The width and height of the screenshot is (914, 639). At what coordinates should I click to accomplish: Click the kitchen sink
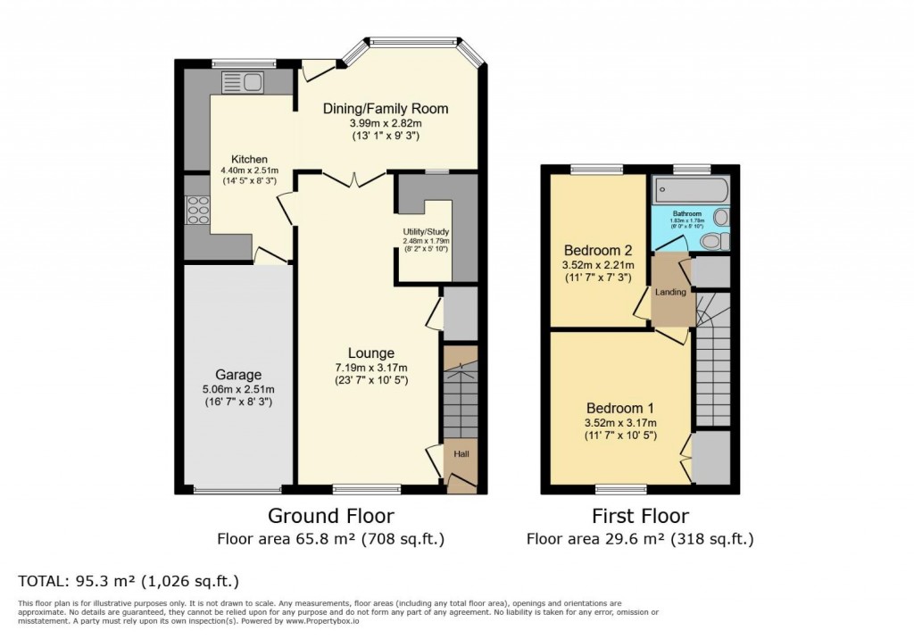[242, 83]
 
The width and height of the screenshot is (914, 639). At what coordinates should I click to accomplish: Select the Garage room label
[237, 375]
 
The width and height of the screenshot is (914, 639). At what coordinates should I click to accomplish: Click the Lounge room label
[370, 353]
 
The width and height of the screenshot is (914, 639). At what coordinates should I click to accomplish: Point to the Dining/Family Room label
[385, 109]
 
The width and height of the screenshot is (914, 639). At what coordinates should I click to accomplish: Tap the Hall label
[461, 454]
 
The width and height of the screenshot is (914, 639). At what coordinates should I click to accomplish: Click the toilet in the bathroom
[711, 242]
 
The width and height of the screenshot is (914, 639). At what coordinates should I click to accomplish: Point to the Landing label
[670, 292]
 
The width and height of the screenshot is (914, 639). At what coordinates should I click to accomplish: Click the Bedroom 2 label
[596, 250]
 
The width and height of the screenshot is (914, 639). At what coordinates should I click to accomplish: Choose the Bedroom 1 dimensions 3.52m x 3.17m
[620, 423]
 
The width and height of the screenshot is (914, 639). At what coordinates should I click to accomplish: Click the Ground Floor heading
[331, 516]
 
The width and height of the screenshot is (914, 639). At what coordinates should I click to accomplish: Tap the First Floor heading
[640, 516]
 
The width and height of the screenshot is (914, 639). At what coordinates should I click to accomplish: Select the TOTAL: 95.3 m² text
[129, 581]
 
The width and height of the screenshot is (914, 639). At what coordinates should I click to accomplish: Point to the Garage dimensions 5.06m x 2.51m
[237, 389]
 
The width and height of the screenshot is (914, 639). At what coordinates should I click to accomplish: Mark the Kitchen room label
[237, 160]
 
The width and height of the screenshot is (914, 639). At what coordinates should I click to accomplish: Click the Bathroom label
[687, 214]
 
